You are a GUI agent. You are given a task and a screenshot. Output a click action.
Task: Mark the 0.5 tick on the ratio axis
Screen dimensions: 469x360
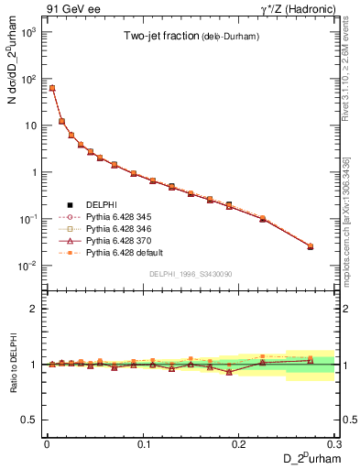pyautogui.click(x=32, y=420)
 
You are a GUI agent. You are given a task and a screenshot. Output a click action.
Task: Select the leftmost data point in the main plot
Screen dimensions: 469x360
pyautogui.click(x=52, y=88)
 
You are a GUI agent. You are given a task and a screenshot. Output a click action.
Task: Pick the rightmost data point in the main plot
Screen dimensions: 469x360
pyautogui.click(x=310, y=246)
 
